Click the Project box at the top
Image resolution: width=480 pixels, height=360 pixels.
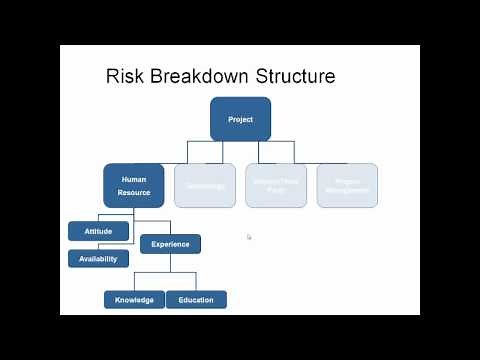pyautogui.click(x=240, y=119)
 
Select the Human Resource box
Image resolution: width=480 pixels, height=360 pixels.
pyautogui.click(x=134, y=185)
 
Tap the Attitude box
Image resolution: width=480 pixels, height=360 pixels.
pyautogui.click(x=98, y=231)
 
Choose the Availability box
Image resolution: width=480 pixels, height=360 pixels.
pyautogui.click(x=98, y=259)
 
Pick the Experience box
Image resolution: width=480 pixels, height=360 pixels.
pyautogui.click(x=170, y=243)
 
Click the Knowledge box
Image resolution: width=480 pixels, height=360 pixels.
pyautogui.click(x=134, y=299)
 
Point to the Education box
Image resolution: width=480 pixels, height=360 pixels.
pyautogui.click(x=196, y=299)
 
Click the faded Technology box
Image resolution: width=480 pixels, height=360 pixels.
pyautogui.click(x=205, y=185)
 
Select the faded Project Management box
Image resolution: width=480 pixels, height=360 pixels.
pyautogui.click(x=347, y=185)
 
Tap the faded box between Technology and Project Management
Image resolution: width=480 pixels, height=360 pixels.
pyautogui.click(x=276, y=185)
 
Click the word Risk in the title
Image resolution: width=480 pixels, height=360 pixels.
pyautogui.click(x=126, y=76)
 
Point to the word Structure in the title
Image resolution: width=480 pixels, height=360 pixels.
pyautogui.click(x=299, y=76)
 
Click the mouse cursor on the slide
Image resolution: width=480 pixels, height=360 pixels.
pyautogui.click(x=249, y=237)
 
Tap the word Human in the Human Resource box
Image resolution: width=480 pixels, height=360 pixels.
pyautogui.click(x=134, y=180)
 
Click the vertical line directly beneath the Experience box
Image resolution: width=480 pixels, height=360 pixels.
pyautogui.click(x=170, y=262)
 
